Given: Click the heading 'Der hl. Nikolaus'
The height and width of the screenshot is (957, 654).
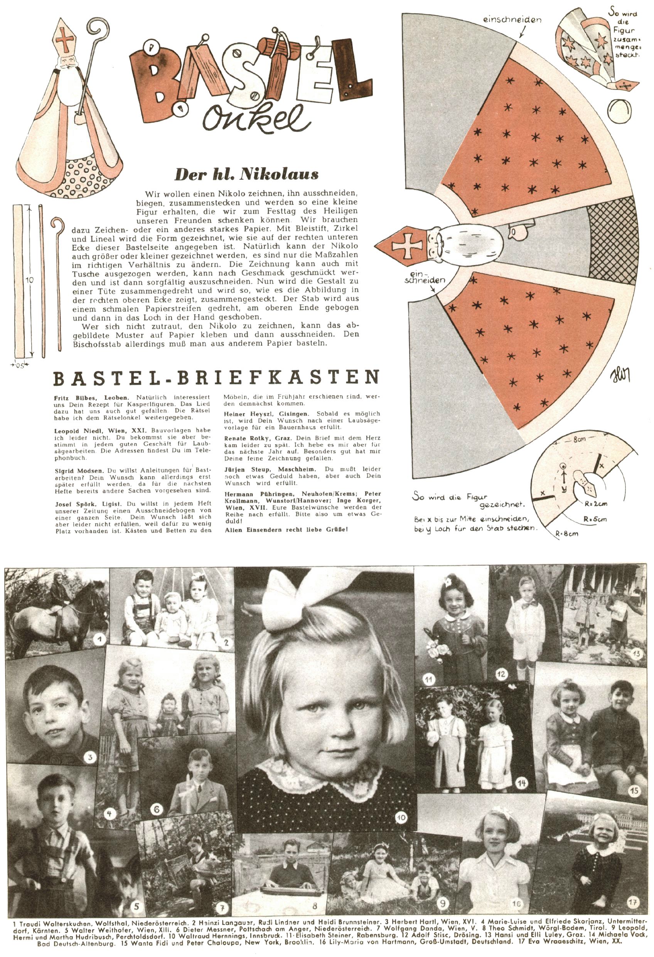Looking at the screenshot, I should pyautogui.click(x=246, y=174).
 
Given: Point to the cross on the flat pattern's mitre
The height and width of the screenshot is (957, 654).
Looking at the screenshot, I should pyautogui.click(x=407, y=246).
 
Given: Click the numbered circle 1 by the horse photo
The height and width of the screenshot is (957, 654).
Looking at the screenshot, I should pyautogui.click(x=99, y=639).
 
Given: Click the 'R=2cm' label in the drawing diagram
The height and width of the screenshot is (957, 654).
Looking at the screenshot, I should pyautogui.click(x=595, y=503).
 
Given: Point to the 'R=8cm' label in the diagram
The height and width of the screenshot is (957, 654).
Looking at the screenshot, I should pyautogui.click(x=566, y=534).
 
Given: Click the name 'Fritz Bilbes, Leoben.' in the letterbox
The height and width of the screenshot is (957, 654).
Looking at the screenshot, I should pyautogui.click(x=91, y=398).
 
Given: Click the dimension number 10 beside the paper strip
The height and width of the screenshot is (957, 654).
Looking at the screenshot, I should pyautogui.click(x=29, y=280).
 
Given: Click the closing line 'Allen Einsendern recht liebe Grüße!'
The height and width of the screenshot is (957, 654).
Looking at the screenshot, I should pyautogui.click(x=286, y=529).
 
